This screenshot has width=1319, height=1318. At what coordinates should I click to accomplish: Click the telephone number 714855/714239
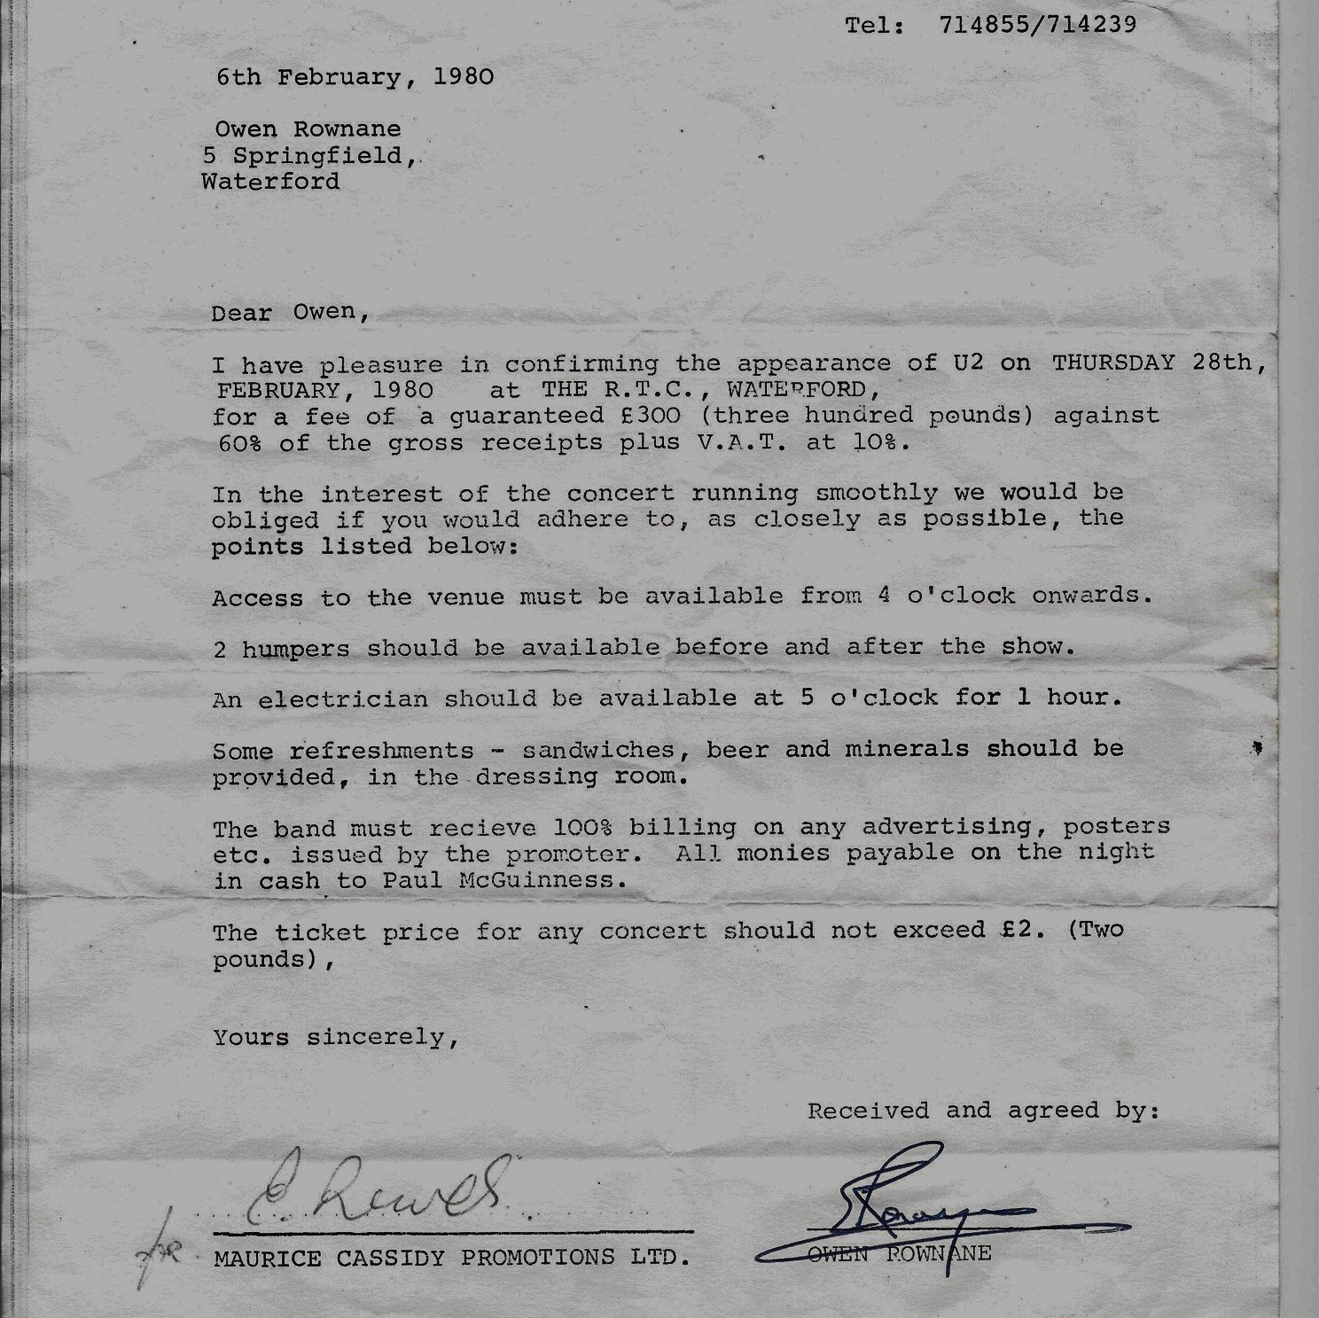click(1036, 25)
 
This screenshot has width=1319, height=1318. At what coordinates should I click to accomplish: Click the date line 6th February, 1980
click(355, 77)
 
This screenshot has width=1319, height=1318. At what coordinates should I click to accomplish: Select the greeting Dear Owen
click(288, 313)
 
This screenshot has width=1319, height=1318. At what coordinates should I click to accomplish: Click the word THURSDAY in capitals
click(1113, 363)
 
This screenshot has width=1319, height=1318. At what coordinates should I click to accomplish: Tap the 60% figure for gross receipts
click(239, 443)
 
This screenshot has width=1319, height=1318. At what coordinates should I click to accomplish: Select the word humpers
click(295, 649)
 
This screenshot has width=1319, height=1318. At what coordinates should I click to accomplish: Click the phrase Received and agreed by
click(982, 1111)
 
